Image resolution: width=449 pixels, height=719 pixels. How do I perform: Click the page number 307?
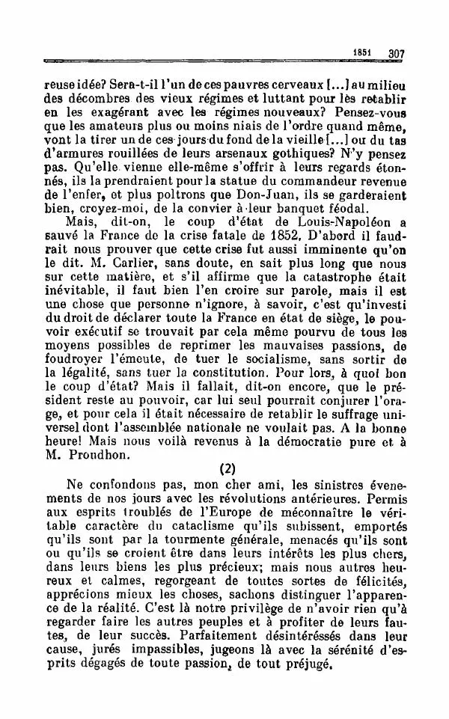pos(396,54)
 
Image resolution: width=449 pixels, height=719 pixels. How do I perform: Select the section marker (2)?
pos(227,471)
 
